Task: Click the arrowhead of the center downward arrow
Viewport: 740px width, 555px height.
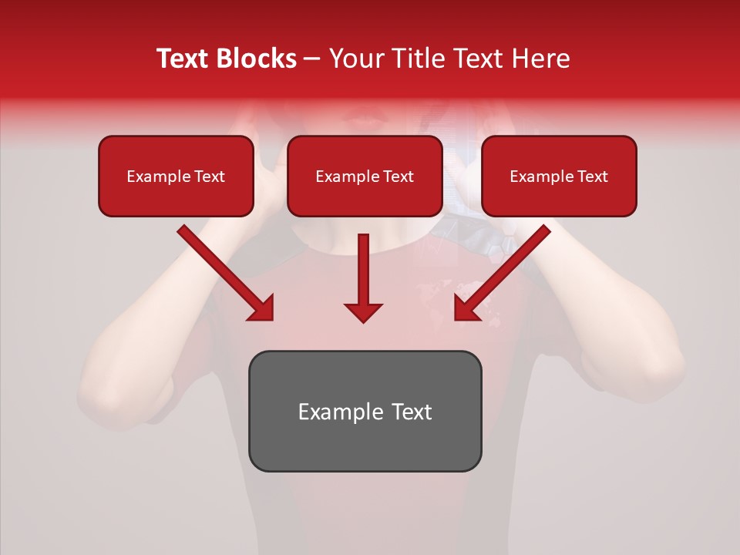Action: (x=363, y=311)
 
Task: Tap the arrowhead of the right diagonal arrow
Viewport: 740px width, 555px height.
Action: (x=466, y=308)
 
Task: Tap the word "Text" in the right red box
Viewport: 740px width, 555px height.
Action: (x=592, y=177)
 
